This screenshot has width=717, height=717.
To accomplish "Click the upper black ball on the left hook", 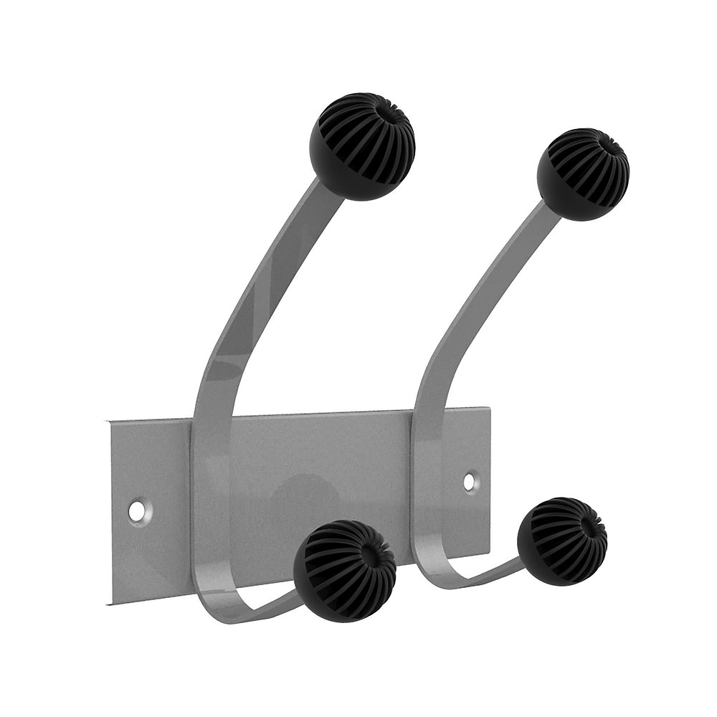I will click(x=362, y=146).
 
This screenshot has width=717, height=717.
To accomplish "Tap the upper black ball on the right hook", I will click(x=582, y=174).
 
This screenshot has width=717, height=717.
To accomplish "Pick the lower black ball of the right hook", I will click(x=562, y=541).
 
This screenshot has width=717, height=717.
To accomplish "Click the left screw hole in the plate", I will click(x=136, y=511).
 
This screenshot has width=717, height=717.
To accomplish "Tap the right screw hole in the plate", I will click(x=470, y=482).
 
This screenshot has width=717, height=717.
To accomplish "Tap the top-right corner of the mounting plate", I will click(x=490, y=409).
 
